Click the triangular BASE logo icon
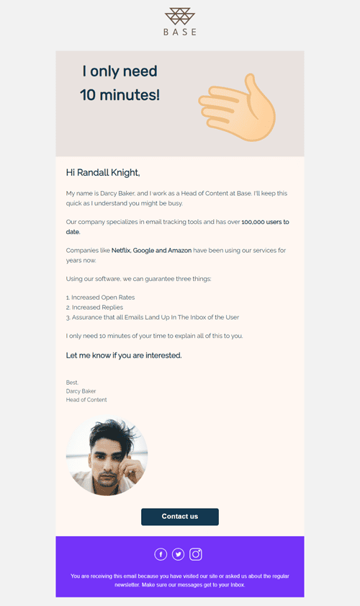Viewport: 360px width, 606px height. click(x=179, y=16)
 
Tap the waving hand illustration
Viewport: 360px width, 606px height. click(x=238, y=109)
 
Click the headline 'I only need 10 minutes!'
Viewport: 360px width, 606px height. click(x=120, y=83)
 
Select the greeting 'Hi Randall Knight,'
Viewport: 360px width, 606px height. click(x=103, y=172)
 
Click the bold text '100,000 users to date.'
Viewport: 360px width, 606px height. click(x=265, y=222)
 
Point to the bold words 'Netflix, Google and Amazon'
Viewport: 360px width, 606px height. click(x=150, y=250)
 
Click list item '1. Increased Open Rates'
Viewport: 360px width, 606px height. click(x=100, y=297)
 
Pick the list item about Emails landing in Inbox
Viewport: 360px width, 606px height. click(x=153, y=317)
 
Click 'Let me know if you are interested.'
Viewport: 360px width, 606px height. click(x=124, y=355)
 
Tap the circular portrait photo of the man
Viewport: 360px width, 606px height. click(x=107, y=458)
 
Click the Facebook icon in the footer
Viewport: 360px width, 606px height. click(x=161, y=554)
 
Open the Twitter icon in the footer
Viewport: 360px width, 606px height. click(x=178, y=554)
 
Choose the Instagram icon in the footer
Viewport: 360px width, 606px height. click(x=196, y=554)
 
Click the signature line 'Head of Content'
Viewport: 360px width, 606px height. click(x=86, y=400)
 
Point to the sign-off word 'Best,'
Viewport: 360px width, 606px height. click(x=73, y=383)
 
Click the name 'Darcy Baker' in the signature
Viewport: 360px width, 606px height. click(x=81, y=391)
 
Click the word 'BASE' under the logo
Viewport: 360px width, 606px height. click(x=179, y=32)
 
